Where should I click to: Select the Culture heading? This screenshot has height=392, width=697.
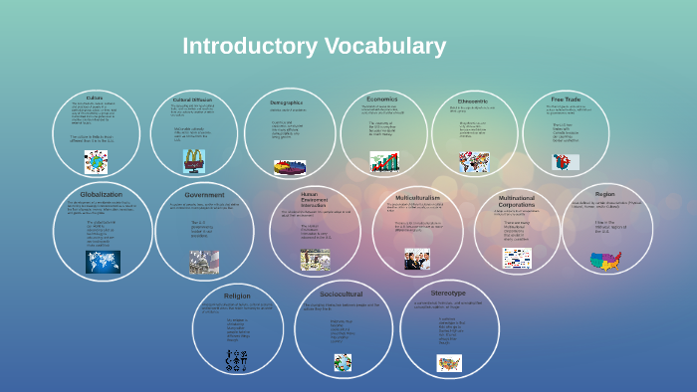(95, 98)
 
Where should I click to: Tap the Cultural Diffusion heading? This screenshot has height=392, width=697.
(192, 99)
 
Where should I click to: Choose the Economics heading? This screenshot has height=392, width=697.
(381, 98)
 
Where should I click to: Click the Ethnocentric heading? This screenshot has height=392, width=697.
(472, 100)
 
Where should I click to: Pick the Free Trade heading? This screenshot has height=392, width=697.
(566, 98)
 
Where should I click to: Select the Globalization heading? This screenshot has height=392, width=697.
(102, 194)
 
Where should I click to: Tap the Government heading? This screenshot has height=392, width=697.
(204, 195)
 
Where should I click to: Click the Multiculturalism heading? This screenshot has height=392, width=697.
(417, 198)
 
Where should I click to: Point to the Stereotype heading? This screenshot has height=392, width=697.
(449, 294)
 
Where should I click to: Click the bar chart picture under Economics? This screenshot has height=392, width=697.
(383, 161)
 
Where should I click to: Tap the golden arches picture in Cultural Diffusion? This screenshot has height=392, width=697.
(192, 158)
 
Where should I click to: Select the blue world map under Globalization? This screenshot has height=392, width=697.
(102, 262)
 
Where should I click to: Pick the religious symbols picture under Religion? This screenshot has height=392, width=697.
(237, 360)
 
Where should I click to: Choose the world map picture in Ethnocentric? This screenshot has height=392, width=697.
(474, 161)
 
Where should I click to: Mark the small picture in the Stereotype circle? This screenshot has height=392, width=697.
(449, 363)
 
